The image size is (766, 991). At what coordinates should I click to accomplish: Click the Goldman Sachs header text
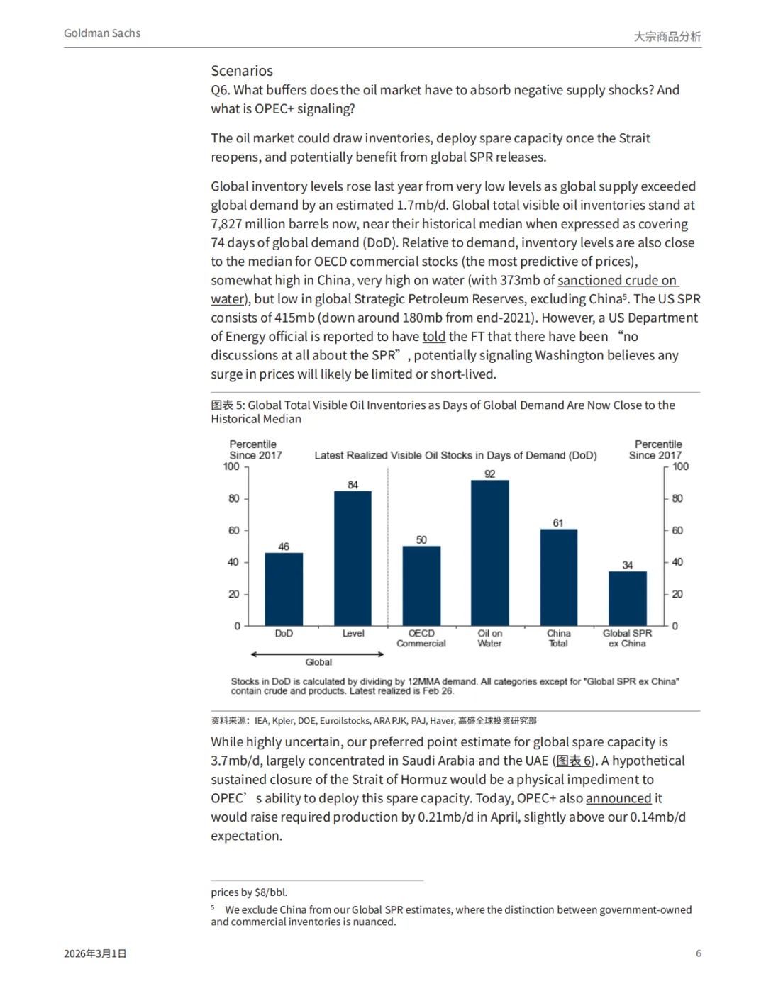point(102,33)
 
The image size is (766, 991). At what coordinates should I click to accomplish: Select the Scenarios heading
point(242,71)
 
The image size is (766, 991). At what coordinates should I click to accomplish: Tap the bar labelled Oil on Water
point(489,553)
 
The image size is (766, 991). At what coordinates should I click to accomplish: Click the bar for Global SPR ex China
point(627,598)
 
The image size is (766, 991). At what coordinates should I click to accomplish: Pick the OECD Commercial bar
point(421,586)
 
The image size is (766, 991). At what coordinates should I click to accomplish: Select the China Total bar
point(558,577)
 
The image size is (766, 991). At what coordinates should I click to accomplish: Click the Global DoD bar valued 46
point(284,589)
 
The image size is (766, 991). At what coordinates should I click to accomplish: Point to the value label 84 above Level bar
point(353,485)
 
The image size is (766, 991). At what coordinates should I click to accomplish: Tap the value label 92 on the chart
point(490,474)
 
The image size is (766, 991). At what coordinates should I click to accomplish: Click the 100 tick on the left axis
point(231,466)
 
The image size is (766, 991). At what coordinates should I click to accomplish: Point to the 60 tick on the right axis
point(677,530)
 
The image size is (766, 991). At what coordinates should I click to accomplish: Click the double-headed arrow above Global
point(318,654)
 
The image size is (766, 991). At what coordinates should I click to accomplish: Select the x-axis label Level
point(353,634)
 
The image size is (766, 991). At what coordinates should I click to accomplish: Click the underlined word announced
point(618,798)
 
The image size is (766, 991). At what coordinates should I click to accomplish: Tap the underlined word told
point(434,337)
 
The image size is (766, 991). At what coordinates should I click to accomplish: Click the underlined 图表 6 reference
point(574,761)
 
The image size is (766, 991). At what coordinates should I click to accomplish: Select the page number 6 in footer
point(699,953)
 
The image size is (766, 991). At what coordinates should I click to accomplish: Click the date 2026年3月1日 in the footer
point(95,954)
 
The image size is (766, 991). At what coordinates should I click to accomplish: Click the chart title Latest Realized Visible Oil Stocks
point(455,455)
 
